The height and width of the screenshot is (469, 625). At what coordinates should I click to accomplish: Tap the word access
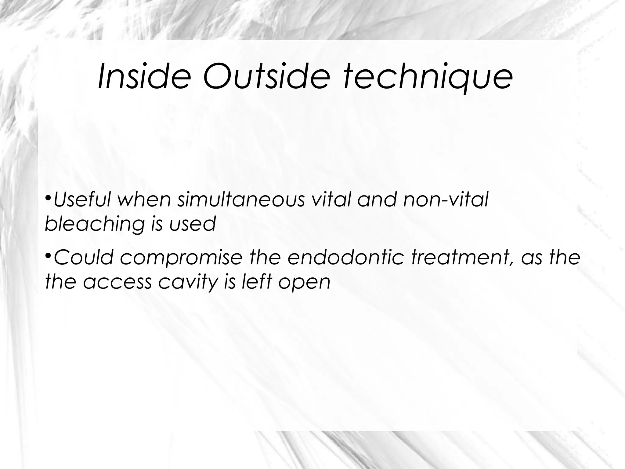tap(117, 282)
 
